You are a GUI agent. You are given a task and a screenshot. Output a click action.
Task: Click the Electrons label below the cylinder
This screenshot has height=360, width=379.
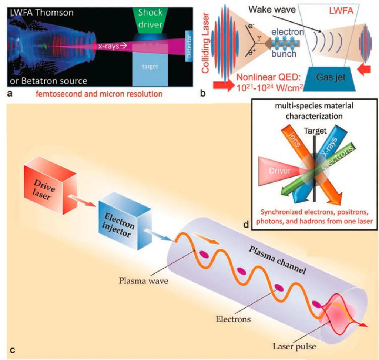pyautogui.click(x=233, y=319)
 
